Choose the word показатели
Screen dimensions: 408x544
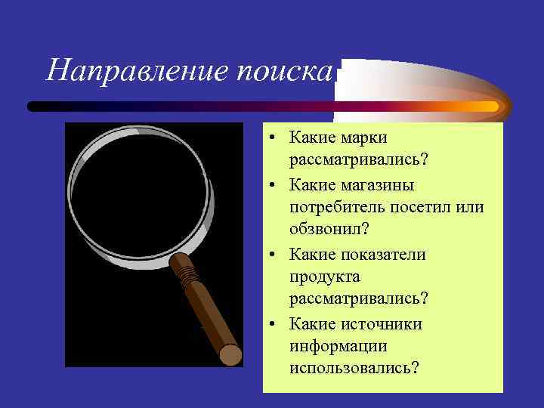click(x=384, y=254)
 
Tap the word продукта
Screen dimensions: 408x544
click(x=323, y=277)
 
